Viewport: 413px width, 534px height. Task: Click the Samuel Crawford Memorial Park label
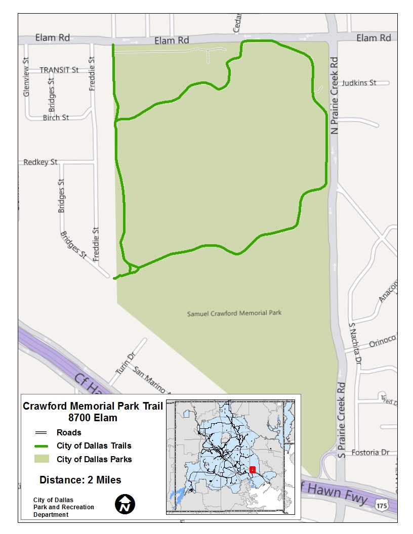pos(234,313)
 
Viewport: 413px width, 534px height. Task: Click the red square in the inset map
pos(252,469)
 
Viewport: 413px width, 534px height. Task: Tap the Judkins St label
pos(359,82)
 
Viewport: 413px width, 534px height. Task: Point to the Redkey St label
pos(40,162)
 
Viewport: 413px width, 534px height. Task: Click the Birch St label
pos(56,117)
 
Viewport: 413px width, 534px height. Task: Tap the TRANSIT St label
pos(59,70)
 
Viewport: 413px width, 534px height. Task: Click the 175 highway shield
pos(383,505)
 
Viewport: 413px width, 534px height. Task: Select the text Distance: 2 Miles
pos(80,480)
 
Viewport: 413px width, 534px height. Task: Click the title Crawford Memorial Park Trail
pos(93,406)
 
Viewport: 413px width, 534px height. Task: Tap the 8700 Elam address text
pos(93,418)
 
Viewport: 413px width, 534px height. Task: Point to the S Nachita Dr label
pos(354,344)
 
